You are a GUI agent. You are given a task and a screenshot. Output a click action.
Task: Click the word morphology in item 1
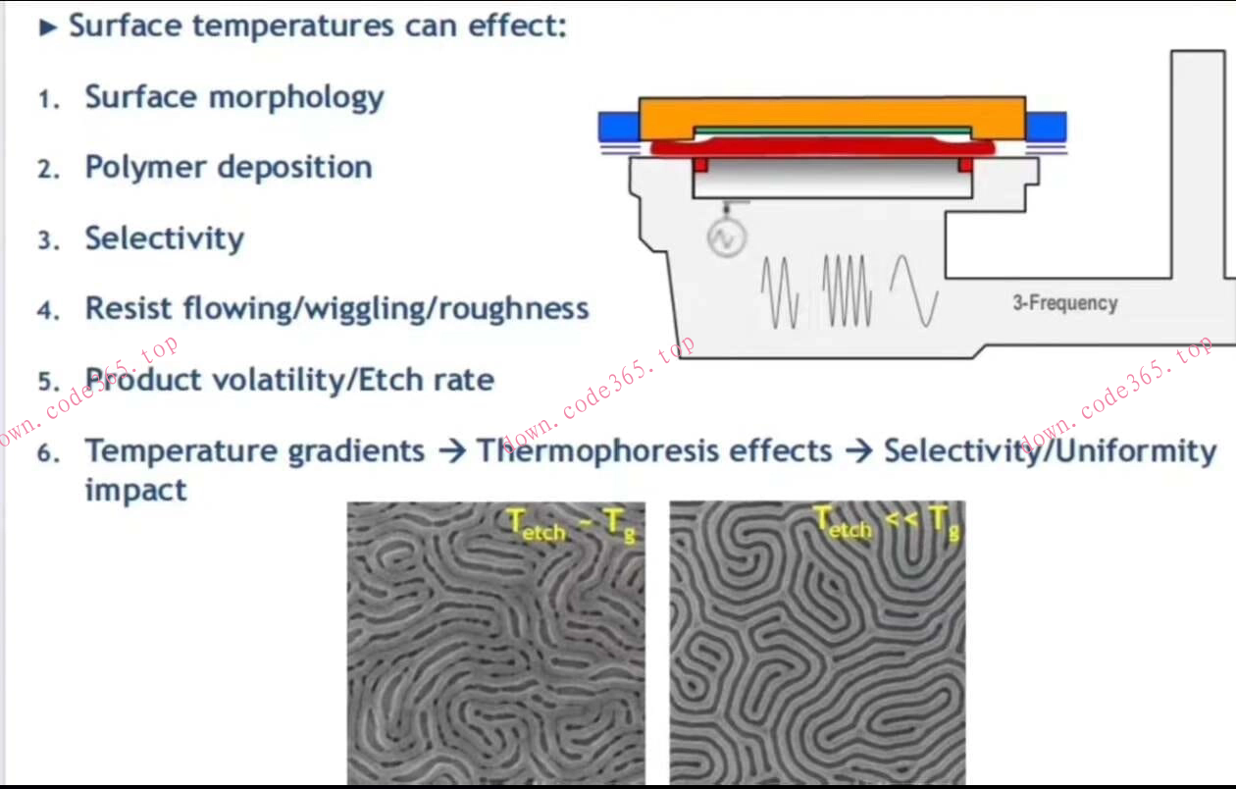point(296,99)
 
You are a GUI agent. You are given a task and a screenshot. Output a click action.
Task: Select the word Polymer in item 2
point(145,167)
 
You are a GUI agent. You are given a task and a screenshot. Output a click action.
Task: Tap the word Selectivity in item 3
point(165,238)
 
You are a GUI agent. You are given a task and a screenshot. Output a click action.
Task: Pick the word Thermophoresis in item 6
point(654,450)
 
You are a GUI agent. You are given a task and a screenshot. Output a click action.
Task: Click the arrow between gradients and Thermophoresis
point(452,451)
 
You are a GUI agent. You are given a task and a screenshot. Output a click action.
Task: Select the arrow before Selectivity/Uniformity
point(859,451)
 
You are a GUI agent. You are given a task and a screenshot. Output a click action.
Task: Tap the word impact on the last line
point(135,490)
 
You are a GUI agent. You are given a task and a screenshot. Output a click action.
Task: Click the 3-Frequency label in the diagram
point(1065,303)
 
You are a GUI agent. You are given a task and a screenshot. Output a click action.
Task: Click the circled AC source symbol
point(726,238)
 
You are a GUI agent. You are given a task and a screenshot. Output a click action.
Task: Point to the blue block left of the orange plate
point(619,127)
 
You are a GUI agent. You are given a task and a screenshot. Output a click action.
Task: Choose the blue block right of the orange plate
point(1046,127)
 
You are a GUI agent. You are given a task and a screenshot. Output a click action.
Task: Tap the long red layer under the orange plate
point(823,148)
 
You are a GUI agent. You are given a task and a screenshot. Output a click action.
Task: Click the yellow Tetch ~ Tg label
point(572,526)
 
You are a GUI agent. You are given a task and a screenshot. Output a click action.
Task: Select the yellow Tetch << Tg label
point(887,523)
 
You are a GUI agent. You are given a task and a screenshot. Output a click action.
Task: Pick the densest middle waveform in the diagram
point(848,290)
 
